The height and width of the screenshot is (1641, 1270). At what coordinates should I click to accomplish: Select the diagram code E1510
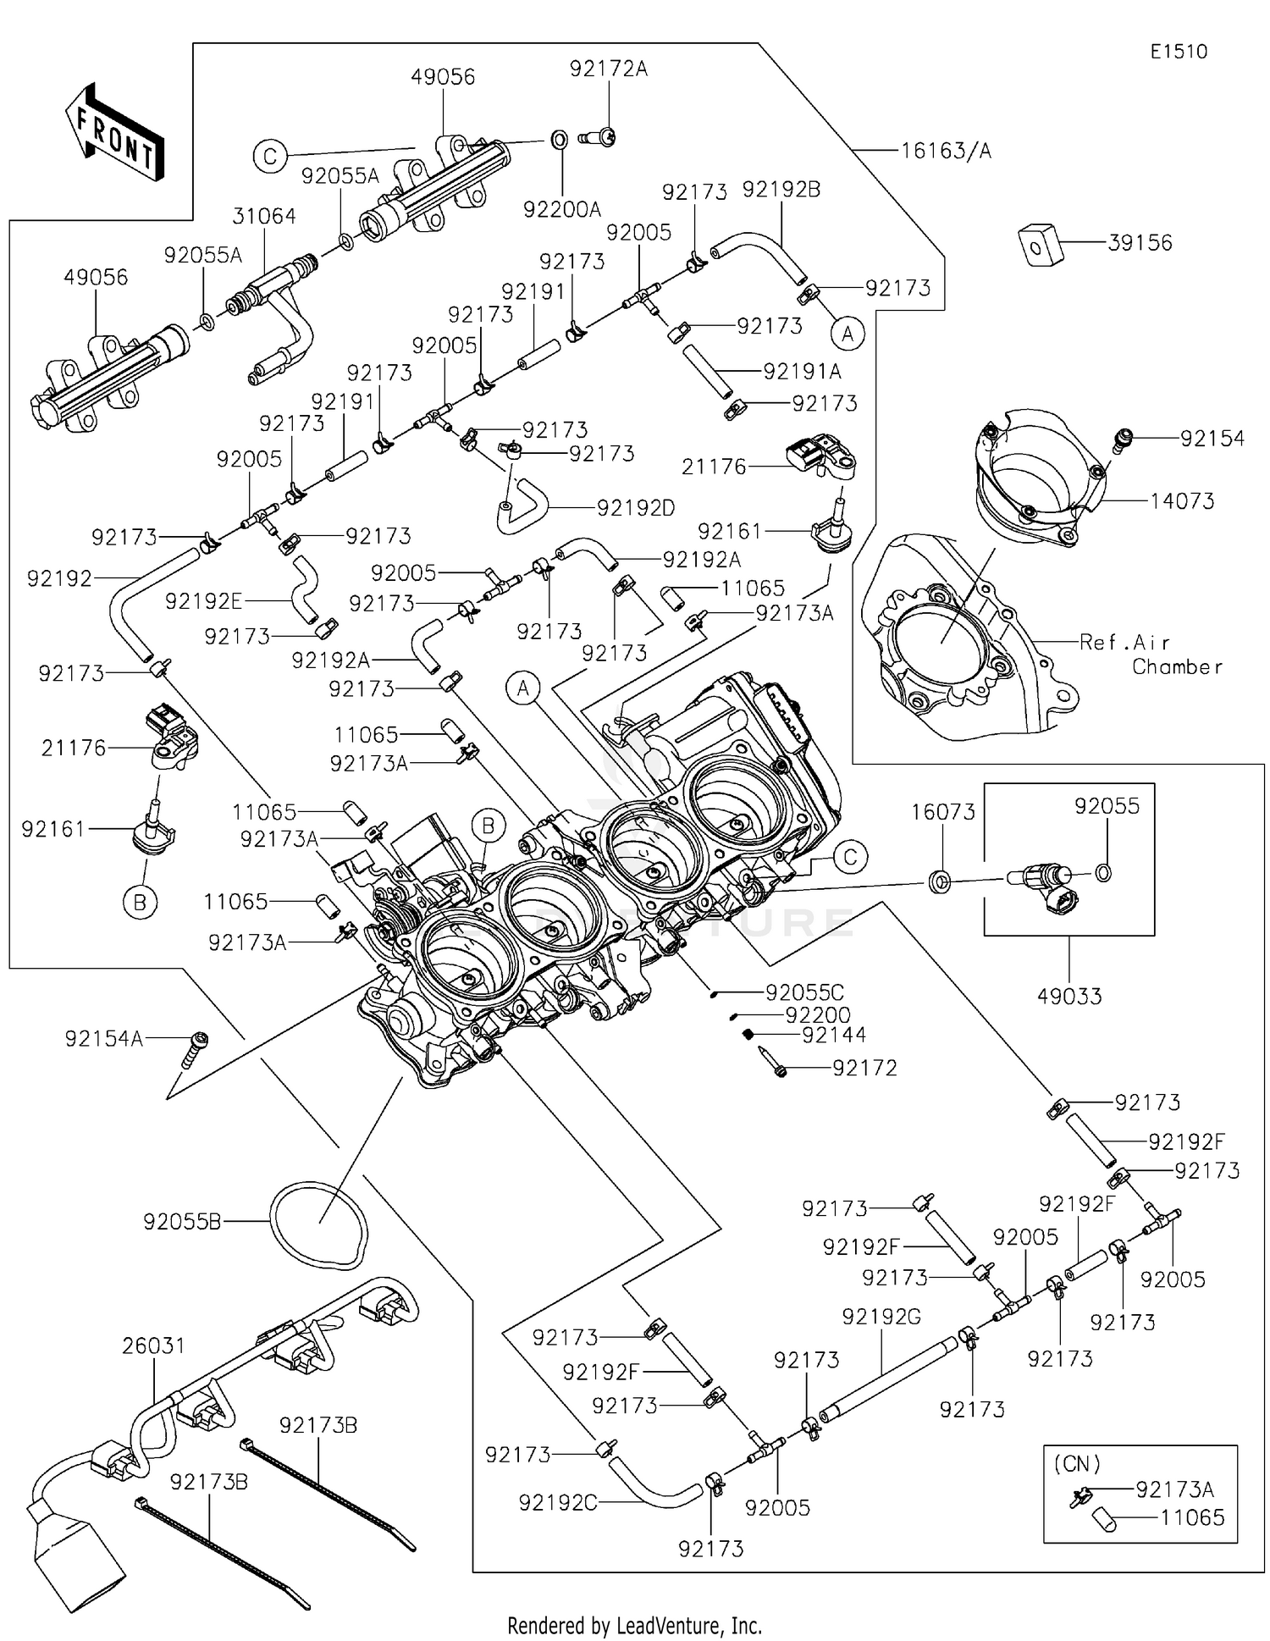1179,52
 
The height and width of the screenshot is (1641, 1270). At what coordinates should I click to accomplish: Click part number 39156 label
1140,243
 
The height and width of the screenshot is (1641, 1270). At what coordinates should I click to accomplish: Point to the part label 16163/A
945,151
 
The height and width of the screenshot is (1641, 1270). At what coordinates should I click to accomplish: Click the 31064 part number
264,217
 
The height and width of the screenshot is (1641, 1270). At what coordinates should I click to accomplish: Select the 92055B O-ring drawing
319,1222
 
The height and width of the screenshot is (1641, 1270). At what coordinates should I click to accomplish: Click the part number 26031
153,1345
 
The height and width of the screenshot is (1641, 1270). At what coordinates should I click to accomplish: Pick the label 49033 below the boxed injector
1069,996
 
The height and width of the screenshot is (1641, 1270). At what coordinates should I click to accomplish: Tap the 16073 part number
943,812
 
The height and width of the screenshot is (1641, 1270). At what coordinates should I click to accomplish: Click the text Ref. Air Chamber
1150,655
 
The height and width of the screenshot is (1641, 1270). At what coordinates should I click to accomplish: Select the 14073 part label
1182,501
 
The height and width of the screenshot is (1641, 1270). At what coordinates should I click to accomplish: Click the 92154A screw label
104,1038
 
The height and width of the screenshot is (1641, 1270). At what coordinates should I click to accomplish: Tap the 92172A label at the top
608,69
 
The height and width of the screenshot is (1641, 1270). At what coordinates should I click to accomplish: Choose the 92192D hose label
636,508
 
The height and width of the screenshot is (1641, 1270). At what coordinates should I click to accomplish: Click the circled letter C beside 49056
270,157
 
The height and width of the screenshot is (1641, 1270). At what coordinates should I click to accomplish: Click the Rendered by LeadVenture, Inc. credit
634,1625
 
